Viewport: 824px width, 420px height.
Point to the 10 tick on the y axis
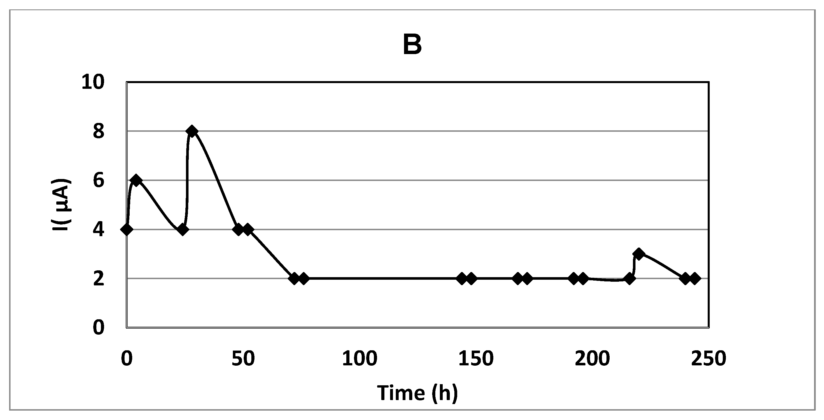point(93,82)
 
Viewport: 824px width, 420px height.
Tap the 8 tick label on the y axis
point(98,131)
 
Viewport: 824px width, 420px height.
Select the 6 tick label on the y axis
point(98,181)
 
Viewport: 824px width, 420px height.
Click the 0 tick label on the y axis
point(98,328)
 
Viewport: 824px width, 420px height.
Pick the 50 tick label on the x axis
point(243,359)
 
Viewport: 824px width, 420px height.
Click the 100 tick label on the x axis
point(359,359)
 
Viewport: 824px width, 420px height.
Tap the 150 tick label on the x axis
point(476,359)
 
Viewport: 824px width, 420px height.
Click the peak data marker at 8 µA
point(192,131)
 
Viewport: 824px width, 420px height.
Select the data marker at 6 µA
point(136,180)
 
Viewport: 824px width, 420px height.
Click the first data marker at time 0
point(127,230)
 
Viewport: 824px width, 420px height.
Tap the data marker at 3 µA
point(639,254)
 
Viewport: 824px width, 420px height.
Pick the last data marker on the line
point(694,279)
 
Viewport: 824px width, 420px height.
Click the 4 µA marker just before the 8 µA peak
point(183,230)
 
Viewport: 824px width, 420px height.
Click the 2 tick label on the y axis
point(98,279)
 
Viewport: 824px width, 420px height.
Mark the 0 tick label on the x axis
point(127,359)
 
